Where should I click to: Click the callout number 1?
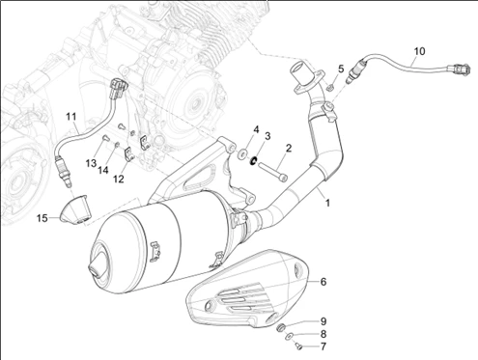tap(327, 203)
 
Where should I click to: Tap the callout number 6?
tap(323, 282)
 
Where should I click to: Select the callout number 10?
tap(419, 51)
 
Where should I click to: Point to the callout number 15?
tap(42, 218)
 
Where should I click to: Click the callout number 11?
tap(71, 116)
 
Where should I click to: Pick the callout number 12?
tap(119, 179)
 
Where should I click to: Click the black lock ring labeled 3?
tap(254, 159)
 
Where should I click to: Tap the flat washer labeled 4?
tap(241, 153)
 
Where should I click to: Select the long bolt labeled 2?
tap(272, 171)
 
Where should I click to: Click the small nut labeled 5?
tap(329, 87)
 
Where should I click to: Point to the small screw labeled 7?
tap(298, 346)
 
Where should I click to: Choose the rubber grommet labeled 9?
tap(281, 327)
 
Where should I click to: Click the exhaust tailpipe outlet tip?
tap(97, 266)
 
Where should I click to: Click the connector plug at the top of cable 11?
tap(118, 89)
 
